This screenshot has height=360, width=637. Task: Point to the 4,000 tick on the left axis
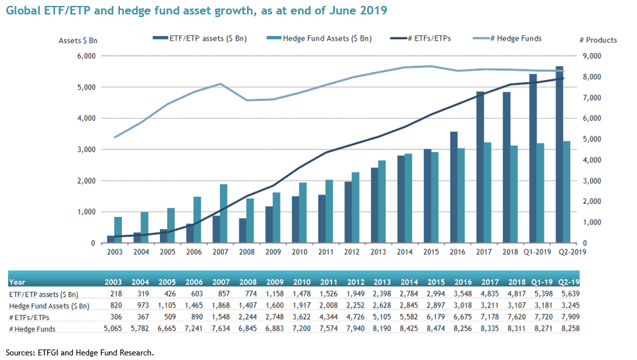click(x=87, y=119)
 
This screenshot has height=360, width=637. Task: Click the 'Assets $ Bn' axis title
click(x=77, y=40)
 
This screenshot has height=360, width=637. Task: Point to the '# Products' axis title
click(x=598, y=40)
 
